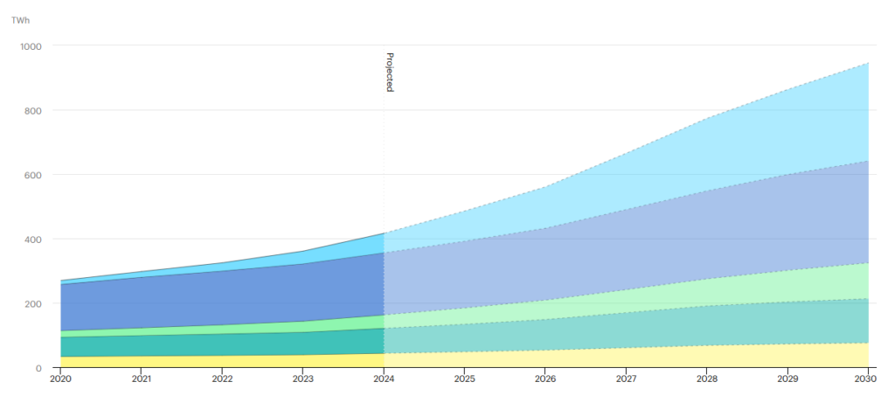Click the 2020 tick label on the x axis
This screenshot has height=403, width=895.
pyautogui.click(x=61, y=379)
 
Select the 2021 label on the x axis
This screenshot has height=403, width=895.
pyautogui.click(x=142, y=379)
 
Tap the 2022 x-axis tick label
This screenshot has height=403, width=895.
pyautogui.click(x=222, y=379)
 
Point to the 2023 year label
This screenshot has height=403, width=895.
pyautogui.click(x=303, y=379)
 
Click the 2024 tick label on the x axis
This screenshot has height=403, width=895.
pyautogui.click(x=384, y=379)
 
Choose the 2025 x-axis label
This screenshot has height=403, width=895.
pyautogui.click(x=464, y=379)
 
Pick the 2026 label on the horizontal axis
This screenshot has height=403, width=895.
pyautogui.click(x=545, y=379)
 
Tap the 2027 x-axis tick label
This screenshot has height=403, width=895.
pyautogui.click(x=626, y=379)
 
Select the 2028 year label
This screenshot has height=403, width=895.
pyautogui.click(x=706, y=379)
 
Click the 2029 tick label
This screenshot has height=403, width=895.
pyautogui.click(x=787, y=379)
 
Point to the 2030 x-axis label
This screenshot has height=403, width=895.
pyautogui.click(x=867, y=379)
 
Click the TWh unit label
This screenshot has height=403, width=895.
pyautogui.click(x=20, y=19)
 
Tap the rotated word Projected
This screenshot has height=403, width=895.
pyautogui.click(x=390, y=73)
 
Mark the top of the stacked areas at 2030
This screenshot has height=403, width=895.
pyautogui.click(x=868, y=63)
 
